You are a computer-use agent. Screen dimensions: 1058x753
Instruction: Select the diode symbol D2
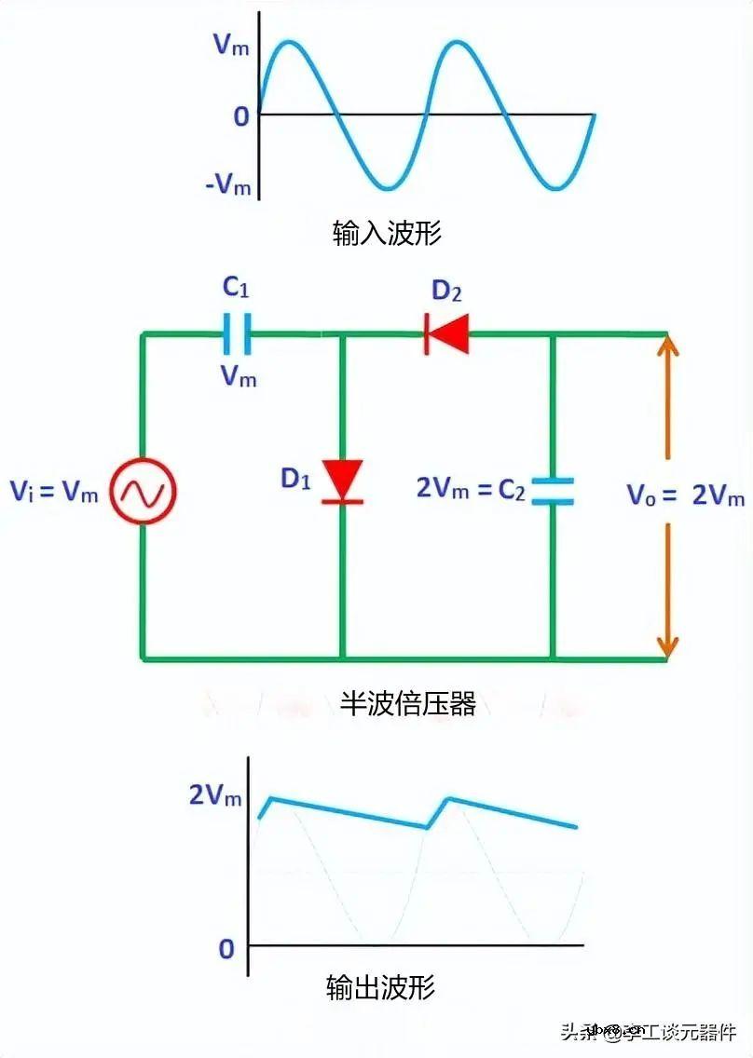coord(446,333)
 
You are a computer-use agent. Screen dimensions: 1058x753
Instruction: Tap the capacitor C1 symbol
coord(237,333)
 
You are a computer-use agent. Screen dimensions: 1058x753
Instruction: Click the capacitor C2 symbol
coord(553,491)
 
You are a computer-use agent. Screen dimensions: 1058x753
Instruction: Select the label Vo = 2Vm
coord(685,495)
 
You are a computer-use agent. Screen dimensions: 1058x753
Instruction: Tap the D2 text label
coord(446,292)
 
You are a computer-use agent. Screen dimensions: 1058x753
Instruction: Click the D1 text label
coord(295,479)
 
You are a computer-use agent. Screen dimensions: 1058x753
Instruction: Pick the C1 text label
coord(236,288)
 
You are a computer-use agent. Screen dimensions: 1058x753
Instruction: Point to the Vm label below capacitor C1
coord(238,376)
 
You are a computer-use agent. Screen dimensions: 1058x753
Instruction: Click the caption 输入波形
coord(386,233)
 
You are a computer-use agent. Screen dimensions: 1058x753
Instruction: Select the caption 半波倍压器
coord(407,703)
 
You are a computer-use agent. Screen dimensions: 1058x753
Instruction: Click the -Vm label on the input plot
coord(228,185)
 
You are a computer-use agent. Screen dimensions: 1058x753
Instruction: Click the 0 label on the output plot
coord(226,949)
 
